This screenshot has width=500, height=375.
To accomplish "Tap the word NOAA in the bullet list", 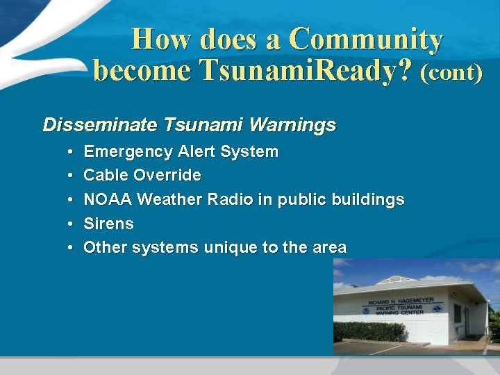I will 108,199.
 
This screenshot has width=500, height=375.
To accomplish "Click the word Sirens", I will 108,224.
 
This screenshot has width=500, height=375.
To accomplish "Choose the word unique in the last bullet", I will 228,247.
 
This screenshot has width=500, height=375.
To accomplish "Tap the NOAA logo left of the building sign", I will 365,310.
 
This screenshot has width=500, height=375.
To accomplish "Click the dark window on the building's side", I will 458,314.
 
